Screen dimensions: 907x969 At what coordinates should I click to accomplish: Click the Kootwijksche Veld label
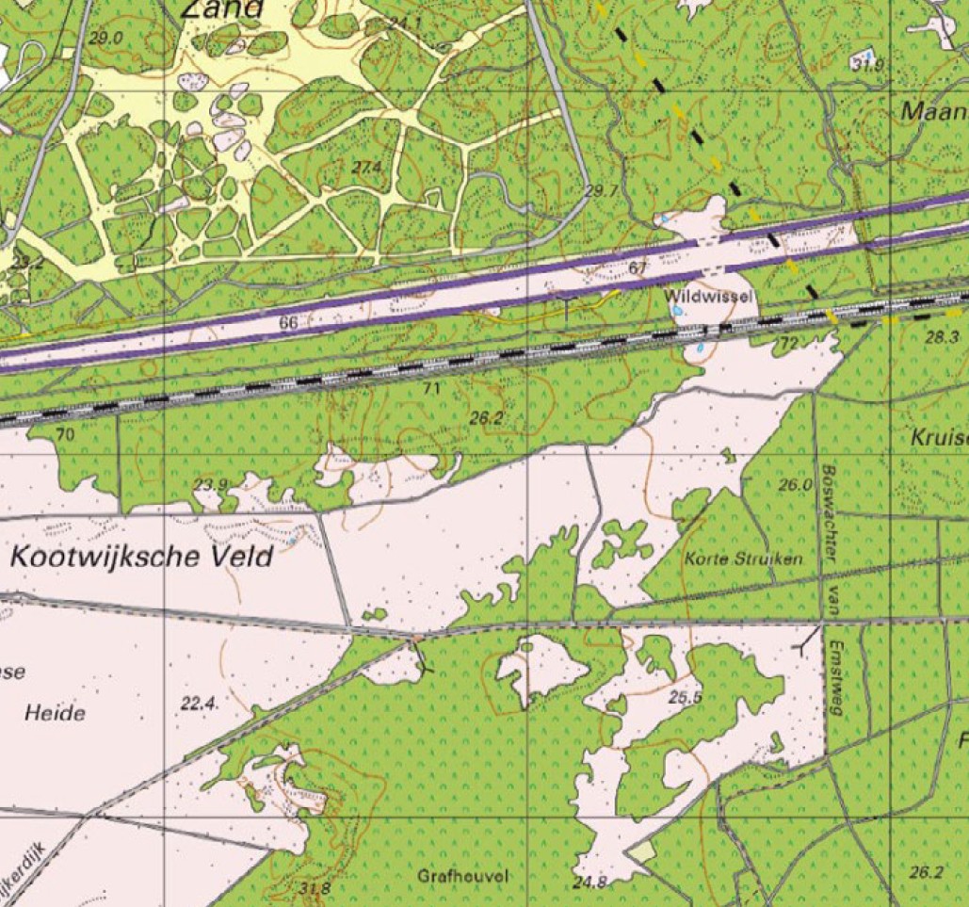coord(141,556)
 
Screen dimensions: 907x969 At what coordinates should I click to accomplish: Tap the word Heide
coord(54,713)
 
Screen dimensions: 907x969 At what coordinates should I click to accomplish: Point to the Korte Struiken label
coord(745,559)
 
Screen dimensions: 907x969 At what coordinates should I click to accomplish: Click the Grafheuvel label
coord(462,876)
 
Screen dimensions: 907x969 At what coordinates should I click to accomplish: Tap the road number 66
coord(289,324)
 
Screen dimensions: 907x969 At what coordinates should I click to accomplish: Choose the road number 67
coord(638,268)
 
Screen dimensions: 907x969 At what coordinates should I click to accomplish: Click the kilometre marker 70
coord(64,434)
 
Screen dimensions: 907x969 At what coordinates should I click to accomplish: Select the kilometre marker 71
coord(431,387)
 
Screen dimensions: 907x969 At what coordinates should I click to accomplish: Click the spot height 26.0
coord(795,486)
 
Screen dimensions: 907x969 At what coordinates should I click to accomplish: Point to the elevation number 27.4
coord(366,167)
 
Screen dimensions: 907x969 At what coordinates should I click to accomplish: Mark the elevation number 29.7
coord(601,191)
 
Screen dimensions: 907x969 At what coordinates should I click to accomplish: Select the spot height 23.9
coord(210,485)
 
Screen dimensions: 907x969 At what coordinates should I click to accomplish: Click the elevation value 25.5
coord(686,698)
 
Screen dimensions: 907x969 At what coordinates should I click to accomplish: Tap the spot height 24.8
coord(589,883)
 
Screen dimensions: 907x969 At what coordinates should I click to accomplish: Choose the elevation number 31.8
coord(315,887)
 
